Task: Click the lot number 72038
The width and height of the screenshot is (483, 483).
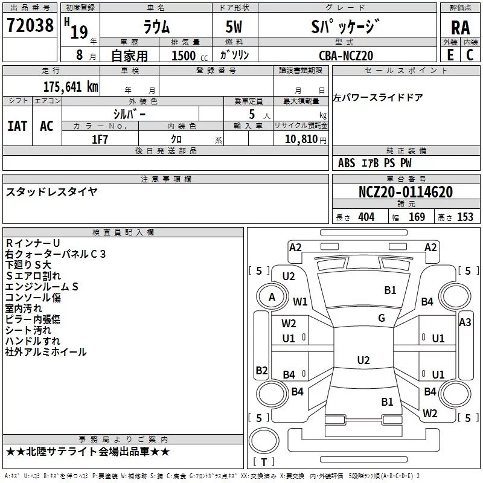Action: click(x=30, y=25)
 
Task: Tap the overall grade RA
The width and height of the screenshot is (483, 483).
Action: click(x=460, y=28)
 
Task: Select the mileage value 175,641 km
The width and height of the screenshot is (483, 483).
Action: click(x=71, y=87)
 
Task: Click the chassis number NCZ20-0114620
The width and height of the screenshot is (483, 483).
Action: click(x=406, y=191)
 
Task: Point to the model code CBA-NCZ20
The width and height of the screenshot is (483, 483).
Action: click(x=346, y=56)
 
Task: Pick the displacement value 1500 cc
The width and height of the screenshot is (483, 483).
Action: click(x=190, y=56)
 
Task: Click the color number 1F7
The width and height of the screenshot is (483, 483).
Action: click(x=100, y=139)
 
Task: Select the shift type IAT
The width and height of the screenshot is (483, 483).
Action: click(x=18, y=126)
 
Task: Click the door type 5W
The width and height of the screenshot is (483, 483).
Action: click(x=234, y=27)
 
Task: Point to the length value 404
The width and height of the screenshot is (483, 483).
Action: click(x=366, y=217)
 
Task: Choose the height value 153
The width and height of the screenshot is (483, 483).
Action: click(x=465, y=217)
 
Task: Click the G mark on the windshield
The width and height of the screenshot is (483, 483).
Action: click(x=382, y=318)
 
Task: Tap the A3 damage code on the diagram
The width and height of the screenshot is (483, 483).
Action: click(x=465, y=322)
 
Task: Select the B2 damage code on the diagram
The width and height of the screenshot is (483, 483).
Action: click(x=261, y=370)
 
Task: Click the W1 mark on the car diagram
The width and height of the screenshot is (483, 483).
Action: click(x=300, y=301)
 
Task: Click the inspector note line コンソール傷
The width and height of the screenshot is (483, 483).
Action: click(x=33, y=298)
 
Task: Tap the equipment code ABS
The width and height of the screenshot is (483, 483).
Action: click(x=346, y=163)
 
